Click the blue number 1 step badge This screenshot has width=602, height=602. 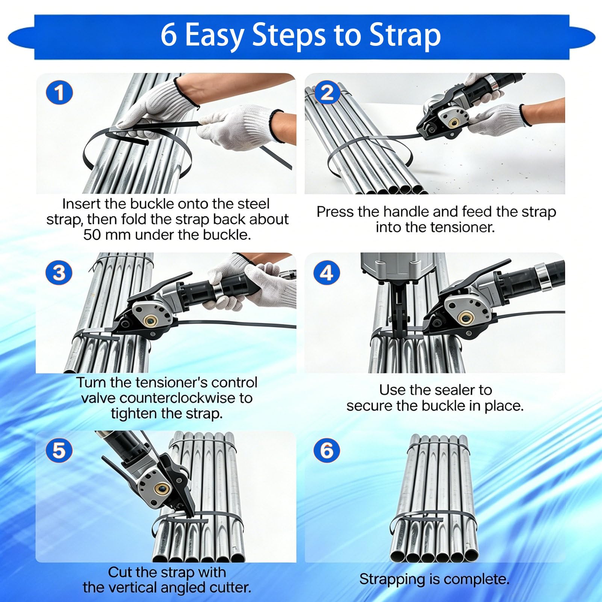(x=59, y=93)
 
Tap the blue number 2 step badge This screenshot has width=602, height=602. (x=327, y=93)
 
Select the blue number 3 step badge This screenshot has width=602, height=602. (x=59, y=272)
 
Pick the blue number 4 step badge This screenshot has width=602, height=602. (x=327, y=272)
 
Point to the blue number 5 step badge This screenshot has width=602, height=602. (x=59, y=450)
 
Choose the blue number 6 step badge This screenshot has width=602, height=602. (x=327, y=450)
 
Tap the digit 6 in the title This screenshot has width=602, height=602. (x=169, y=35)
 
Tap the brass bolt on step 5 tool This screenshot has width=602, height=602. (x=160, y=489)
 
